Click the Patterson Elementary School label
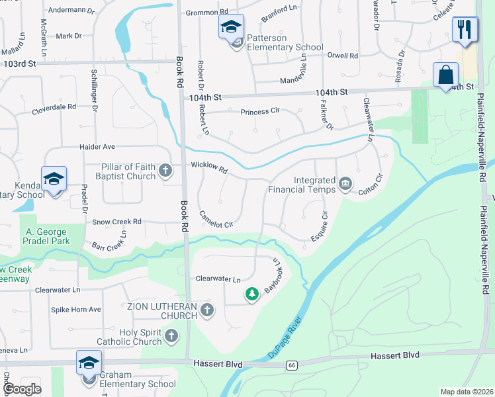(x=285, y=42)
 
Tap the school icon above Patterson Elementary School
(x=231, y=27)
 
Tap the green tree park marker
(x=251, y=294)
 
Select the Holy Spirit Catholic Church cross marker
(x=171, y=336)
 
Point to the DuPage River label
(x=286, y=337)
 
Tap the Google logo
(x=22, y=388)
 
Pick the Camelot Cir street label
(x=216, y=221)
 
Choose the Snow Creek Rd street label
(x=117, y=222)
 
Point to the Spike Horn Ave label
(x=77, y=309)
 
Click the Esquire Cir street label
(x=320, y=226)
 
